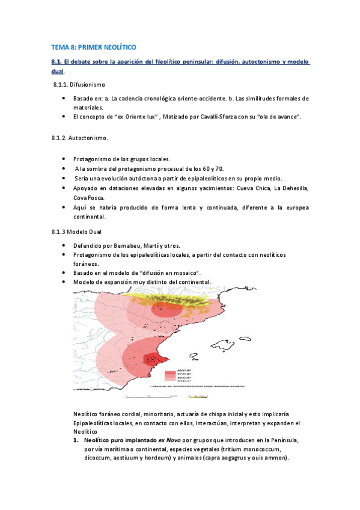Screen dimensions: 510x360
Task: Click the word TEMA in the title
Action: click(59, 46)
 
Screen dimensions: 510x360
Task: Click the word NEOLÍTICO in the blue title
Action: click(118, 46)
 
